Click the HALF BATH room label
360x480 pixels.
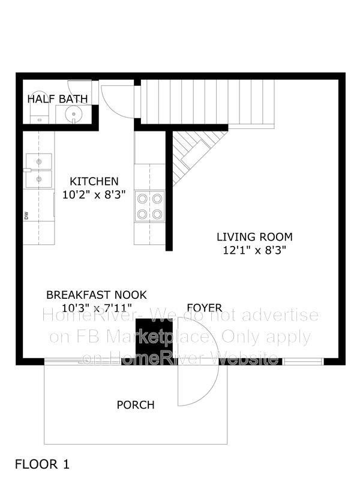point(58,99)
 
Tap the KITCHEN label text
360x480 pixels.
point(94,181)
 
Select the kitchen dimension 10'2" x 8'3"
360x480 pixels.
point(94,194)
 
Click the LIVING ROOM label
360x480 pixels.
point(254,236)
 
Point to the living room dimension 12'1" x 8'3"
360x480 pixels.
point(254,250)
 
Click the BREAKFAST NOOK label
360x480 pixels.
point(97,295)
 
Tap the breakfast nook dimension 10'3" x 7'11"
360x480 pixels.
point(97,307)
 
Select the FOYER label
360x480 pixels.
point(205,307)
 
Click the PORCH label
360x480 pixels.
point(136,404)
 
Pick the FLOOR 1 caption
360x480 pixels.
point(42,464)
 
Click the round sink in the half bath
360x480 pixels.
point(73,114)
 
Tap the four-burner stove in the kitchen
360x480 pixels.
point(149,206)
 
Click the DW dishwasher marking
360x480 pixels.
point(26,215)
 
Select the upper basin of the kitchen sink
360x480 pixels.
point(39,161)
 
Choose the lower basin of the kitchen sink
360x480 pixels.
point(39,179)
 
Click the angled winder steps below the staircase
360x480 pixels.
point(196,153)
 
